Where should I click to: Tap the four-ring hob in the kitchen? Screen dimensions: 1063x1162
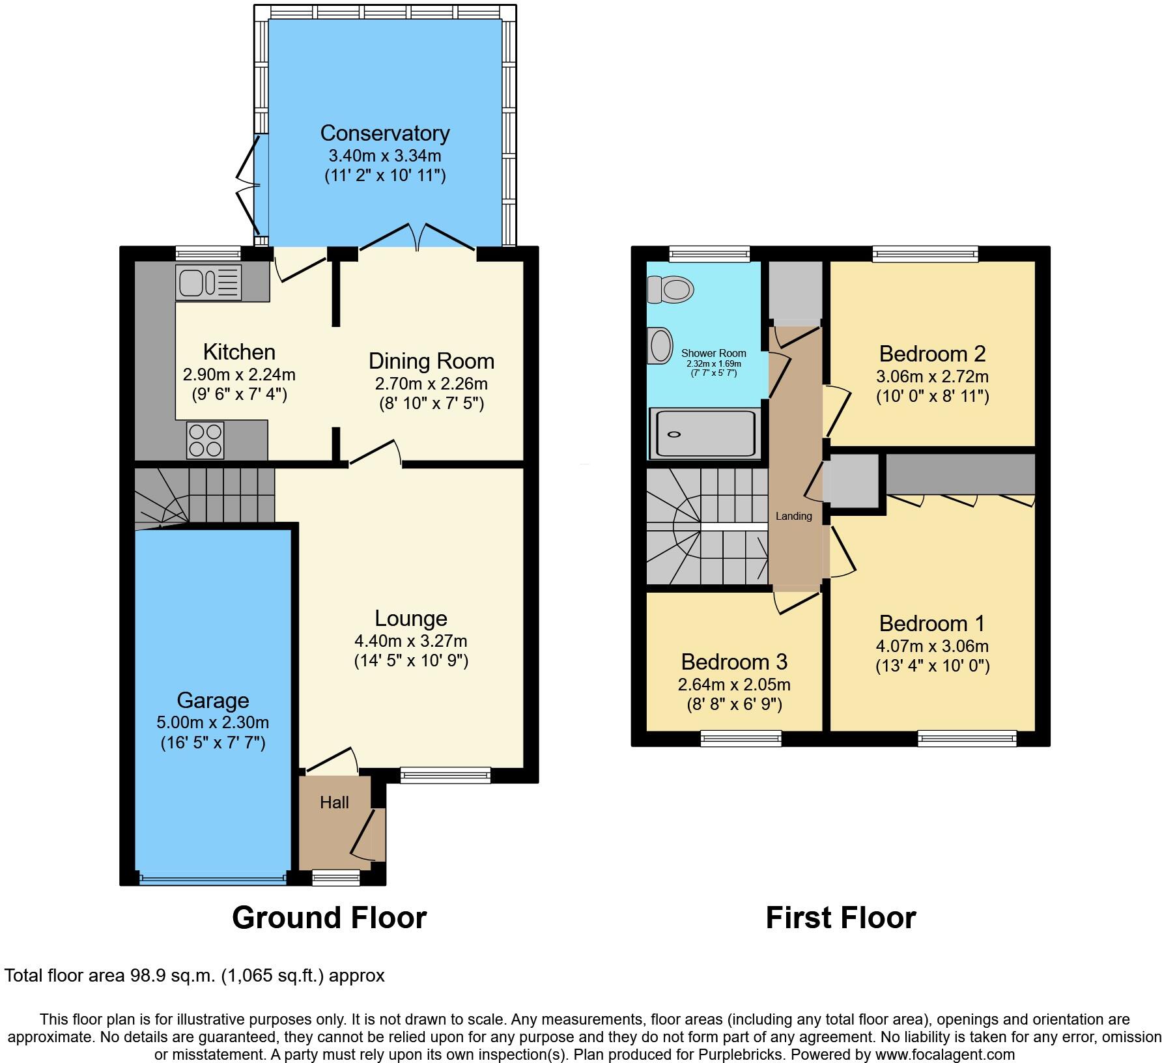205,440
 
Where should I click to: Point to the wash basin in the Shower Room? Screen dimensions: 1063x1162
660,345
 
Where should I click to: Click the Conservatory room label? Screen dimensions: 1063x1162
385,133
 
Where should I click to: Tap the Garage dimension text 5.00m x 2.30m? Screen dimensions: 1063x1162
213,722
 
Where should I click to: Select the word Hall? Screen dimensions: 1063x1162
334,802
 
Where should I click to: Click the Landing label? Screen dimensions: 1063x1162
793,516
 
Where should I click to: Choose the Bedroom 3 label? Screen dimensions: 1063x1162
734,662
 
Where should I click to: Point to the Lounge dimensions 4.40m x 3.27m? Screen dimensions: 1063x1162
411,641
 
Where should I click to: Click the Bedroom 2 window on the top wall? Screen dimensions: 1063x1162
925,254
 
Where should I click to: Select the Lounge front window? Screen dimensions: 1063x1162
446,774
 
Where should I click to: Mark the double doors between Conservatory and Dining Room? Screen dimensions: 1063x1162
418,238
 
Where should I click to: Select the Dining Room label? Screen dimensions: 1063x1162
431,361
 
